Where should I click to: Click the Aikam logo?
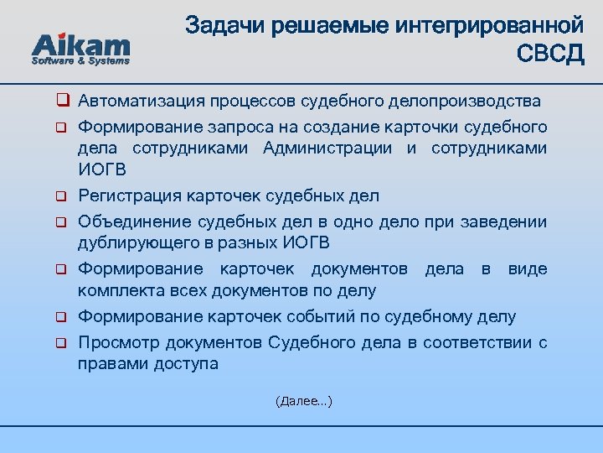point(80,45)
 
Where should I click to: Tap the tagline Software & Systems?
point(80,60)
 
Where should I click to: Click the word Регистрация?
point(127,196)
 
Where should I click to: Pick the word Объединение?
point(134,222)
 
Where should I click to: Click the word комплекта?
point(116,291)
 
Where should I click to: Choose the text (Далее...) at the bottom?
point(303,402)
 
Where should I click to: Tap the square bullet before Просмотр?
point(61,344)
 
